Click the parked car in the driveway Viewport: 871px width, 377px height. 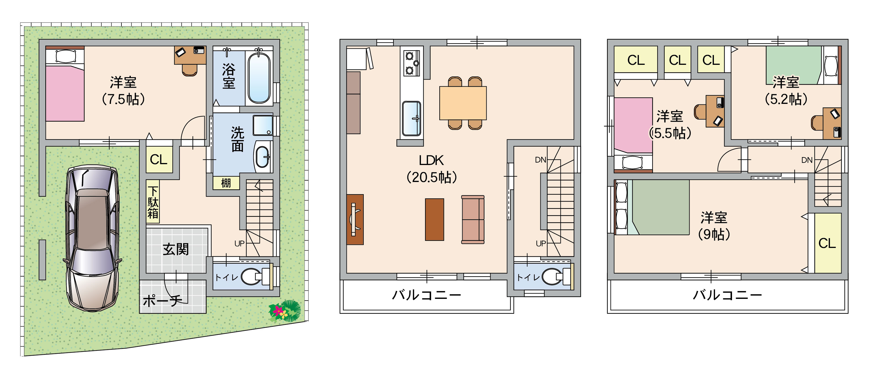tap(92, 238)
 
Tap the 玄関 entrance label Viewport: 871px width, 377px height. tap(176, 250)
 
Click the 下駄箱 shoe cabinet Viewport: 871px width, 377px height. tap(153, 202)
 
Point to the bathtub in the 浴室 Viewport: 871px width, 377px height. tap(259, 78)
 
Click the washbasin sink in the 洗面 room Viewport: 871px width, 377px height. tap(263, 157)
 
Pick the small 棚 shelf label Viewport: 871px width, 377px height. tap(226, 183)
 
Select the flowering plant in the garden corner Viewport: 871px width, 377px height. tap(284, 311)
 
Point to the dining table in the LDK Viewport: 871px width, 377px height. tap(463, 103)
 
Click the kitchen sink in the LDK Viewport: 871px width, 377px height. tap(412, 119)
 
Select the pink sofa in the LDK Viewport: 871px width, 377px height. tap(473, 219)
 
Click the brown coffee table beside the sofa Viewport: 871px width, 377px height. tap(435, 219)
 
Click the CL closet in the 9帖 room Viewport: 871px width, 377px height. tap(828, 243)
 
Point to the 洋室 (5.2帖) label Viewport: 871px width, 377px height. tap(786, 91)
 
